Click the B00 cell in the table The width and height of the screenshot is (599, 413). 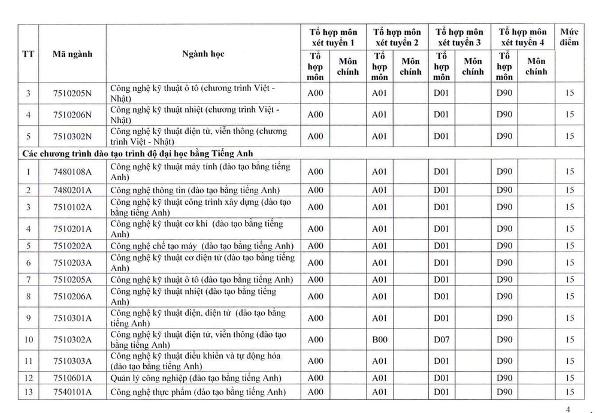(x=380, y=339)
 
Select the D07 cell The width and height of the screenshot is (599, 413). (x=441, y=339)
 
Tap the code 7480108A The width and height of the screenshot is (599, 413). (x=72, y=172)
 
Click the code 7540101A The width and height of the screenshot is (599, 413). (x=72, y=392)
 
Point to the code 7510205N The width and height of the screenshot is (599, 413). (x=72, y=93)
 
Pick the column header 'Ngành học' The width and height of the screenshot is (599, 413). (x=203, y=54)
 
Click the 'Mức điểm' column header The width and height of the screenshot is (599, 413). (x=569, y=37)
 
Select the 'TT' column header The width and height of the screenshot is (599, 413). (x=28, y=54)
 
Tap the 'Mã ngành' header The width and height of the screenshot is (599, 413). (x=72, y=54)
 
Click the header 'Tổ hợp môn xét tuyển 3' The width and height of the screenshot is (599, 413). (x=459, y=37)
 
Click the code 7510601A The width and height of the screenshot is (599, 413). (x=72, y=378)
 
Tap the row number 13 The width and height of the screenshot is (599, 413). (x=28, y=392)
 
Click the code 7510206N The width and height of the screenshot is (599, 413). (x=72, y=114)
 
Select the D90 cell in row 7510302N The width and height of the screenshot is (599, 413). (x=504, y=136)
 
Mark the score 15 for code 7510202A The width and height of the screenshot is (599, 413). (x=569, y=245)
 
